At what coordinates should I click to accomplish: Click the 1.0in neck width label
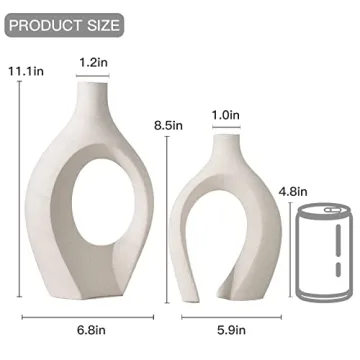pyautogui.click(x=226, y=116)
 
